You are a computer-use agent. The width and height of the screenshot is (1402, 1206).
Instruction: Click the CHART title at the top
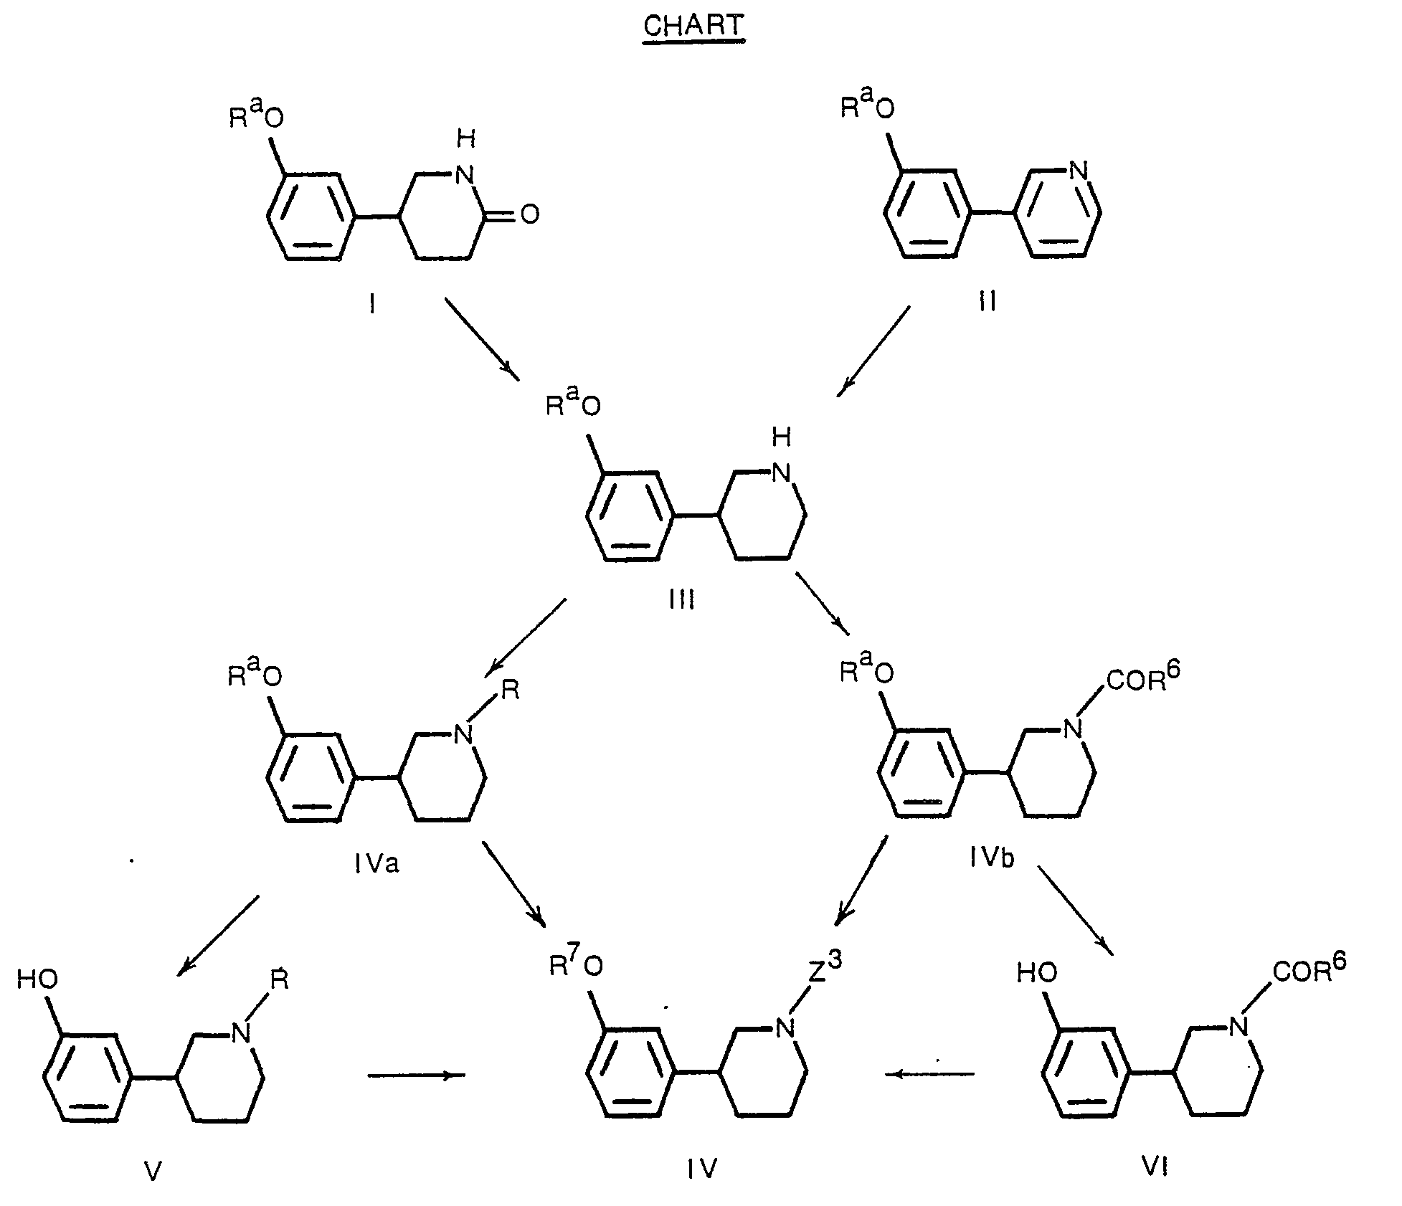coord(693,27)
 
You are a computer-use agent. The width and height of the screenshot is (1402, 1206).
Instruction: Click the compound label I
coord(372,305)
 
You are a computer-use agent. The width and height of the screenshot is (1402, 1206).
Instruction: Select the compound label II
coord(987,302)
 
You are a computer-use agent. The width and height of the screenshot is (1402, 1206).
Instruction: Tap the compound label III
coord(681,599)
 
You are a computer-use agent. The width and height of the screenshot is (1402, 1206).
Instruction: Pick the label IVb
coord(992,858)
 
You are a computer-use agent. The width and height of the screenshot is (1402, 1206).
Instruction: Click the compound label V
coord(153,1171)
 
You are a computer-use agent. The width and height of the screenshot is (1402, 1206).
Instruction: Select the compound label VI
coord(1155,1168)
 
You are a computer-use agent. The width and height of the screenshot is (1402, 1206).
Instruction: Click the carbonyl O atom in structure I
coord(530,214)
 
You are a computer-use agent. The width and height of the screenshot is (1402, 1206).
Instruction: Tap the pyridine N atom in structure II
coord(1078,171)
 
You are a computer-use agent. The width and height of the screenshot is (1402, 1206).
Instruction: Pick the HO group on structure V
coord(37,979)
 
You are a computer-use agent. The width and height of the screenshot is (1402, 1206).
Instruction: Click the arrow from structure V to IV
coord(417,1075)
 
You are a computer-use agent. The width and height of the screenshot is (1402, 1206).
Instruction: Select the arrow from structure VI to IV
coord(930,1073)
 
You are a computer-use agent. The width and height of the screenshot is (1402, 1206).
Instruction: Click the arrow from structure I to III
coord(482,338)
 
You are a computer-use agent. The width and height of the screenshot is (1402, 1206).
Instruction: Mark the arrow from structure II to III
coord(873,351)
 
